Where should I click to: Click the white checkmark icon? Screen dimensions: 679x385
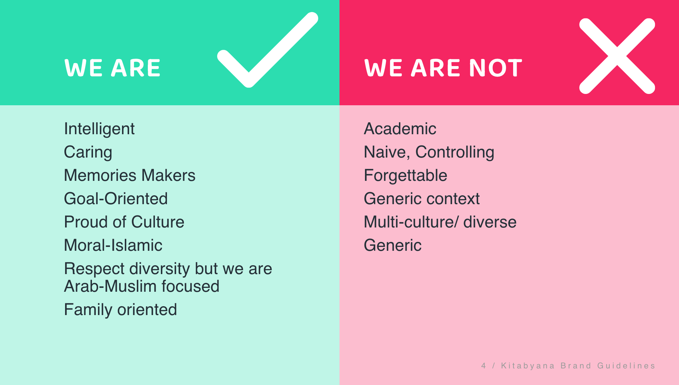(x=249, y=76)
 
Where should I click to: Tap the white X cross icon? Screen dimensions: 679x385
(x=617, y=56)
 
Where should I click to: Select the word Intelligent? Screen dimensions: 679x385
(x=99, y=129)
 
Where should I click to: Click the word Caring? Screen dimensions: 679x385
(x=88, y=153)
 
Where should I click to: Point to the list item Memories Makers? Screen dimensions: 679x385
(x=129, y=175)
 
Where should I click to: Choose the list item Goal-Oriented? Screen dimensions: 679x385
(x=116, y=199)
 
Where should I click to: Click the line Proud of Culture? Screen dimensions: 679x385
(x=124, y=222)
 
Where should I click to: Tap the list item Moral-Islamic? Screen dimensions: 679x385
(x=113, y=245)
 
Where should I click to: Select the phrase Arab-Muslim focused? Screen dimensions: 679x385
(x=141, y=286)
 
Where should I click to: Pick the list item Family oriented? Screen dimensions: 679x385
(x=120, y=310)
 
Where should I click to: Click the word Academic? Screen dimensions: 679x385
(x=400, y=129)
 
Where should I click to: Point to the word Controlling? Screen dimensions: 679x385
(x=455, y=153)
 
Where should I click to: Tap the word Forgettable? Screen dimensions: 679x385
(x=406, y=176)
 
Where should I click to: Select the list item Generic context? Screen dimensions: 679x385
(x=422, y=199)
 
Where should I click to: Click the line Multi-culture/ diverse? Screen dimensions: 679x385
(x=440, y=222)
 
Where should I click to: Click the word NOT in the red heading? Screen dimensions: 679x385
(x=495, y=68)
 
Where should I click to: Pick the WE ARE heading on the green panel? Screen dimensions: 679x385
(x=112, y=68)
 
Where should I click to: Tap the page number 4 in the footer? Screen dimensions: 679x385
(x=483, y=366)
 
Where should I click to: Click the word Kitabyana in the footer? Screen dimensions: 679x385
(x=528, y=366)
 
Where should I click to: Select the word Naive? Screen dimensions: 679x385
(x=387, y=153)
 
